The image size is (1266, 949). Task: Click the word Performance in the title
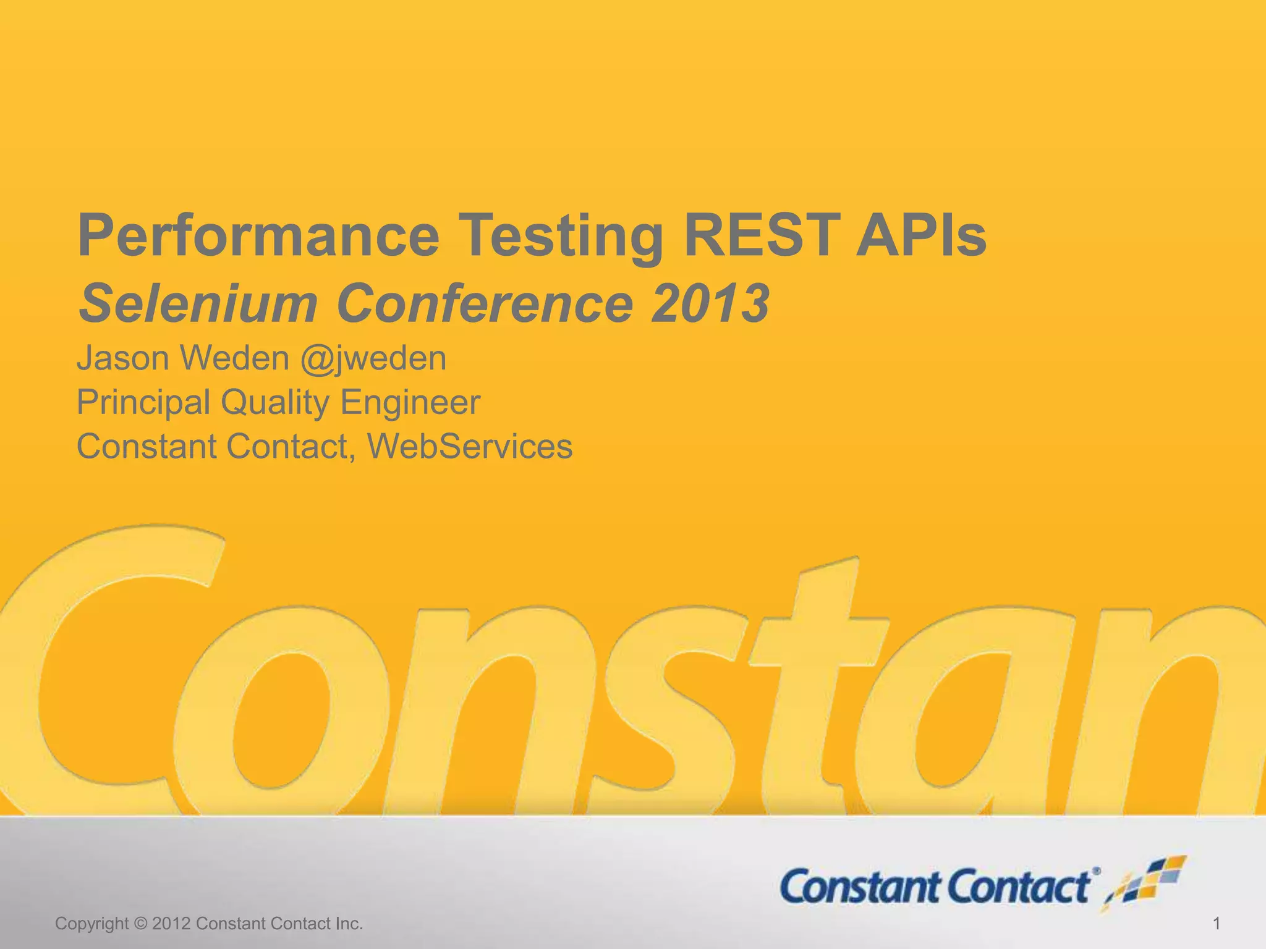(258, 236)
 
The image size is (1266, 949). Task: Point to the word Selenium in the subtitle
(198, 303)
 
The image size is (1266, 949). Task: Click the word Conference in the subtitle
(485, 303)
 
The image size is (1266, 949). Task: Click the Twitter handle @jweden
(373, 358)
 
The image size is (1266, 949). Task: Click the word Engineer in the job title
(410, 403)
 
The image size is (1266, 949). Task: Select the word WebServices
(470, 447)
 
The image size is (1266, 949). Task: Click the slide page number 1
(1217, 924)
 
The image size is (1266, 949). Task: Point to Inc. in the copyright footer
(349, 924)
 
